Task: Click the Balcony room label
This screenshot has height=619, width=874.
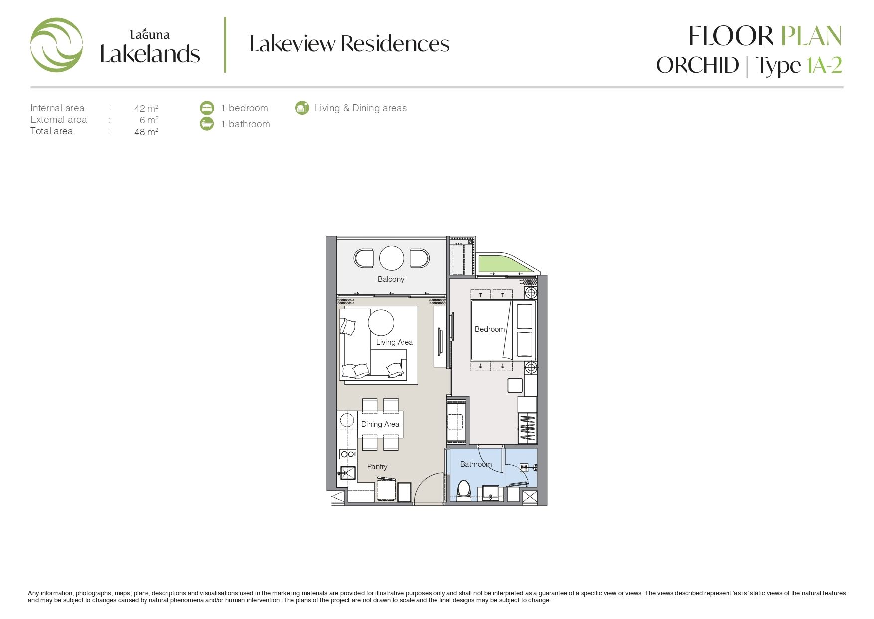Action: [391, 279]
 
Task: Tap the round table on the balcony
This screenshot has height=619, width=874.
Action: [391, 258]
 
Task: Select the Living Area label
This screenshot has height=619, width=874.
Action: [394, 342]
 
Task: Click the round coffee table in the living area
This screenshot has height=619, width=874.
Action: [381, 322]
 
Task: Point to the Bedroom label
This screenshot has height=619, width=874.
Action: [490, 329]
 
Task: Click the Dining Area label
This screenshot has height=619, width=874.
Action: [380, 424]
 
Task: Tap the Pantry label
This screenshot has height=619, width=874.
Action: [377, 467]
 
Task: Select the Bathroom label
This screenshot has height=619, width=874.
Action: [476, 464]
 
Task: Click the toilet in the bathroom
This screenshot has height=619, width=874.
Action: [464, 490]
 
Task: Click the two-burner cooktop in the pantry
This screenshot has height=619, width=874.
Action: [348, 454]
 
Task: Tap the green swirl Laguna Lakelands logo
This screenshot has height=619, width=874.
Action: [56, 45]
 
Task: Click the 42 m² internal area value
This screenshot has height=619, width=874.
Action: [146, 108]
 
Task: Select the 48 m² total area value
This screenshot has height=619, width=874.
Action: [146, 132]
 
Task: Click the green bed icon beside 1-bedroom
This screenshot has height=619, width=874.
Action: [207, 108]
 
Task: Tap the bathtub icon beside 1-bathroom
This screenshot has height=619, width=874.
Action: [207, 124]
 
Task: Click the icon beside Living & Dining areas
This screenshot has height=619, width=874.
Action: [302, 108]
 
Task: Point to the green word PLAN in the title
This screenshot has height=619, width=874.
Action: [811, 36]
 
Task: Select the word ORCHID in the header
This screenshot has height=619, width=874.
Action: [698, 65]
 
